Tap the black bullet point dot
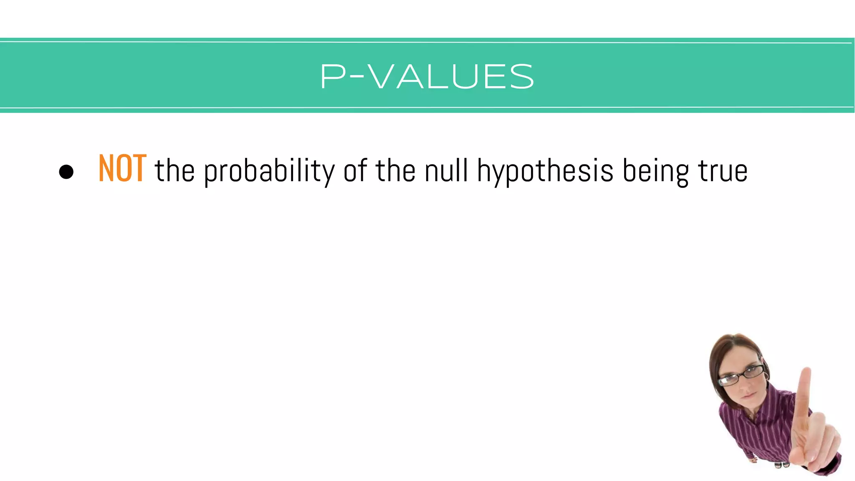coord(66,172)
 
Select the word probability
coord(269,171)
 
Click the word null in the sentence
coord(446,170)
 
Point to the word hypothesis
coord(545,171)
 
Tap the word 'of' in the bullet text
coord(355,170)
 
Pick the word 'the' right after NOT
coord(175,170)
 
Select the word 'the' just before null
coord(395,170)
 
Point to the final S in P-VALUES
coord(522,77)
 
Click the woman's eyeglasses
coord(741,375)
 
